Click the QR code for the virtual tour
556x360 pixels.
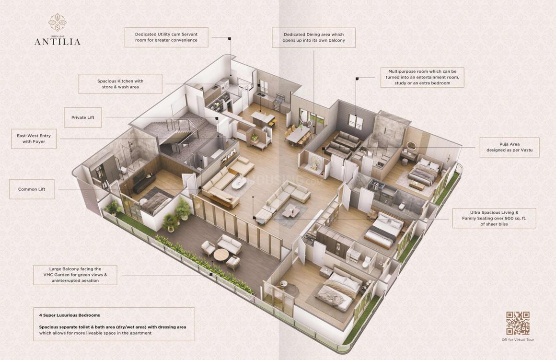click(518, 323)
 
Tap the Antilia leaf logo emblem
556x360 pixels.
click(57, 23)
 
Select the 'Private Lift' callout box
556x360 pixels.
click(82, 117)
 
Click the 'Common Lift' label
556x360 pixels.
click(32, 189)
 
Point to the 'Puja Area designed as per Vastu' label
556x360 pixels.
click(509, 147)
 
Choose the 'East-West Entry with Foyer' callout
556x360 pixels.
click(34, 139)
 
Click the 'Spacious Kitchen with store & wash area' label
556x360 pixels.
click(120, 84)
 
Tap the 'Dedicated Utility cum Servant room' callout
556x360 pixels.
click(166, 37)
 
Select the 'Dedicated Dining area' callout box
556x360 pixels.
click(313, 37)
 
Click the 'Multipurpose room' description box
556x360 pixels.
click(422, 77)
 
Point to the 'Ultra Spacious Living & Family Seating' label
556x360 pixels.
click(494, 218)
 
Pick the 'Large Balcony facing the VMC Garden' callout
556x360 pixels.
click(75, 275)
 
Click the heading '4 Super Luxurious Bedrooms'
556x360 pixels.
click(69, 315)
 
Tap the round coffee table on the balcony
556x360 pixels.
click(221, 255)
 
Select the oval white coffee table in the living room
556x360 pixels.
click(239, 183)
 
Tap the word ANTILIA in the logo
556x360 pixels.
click(58, 42)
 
